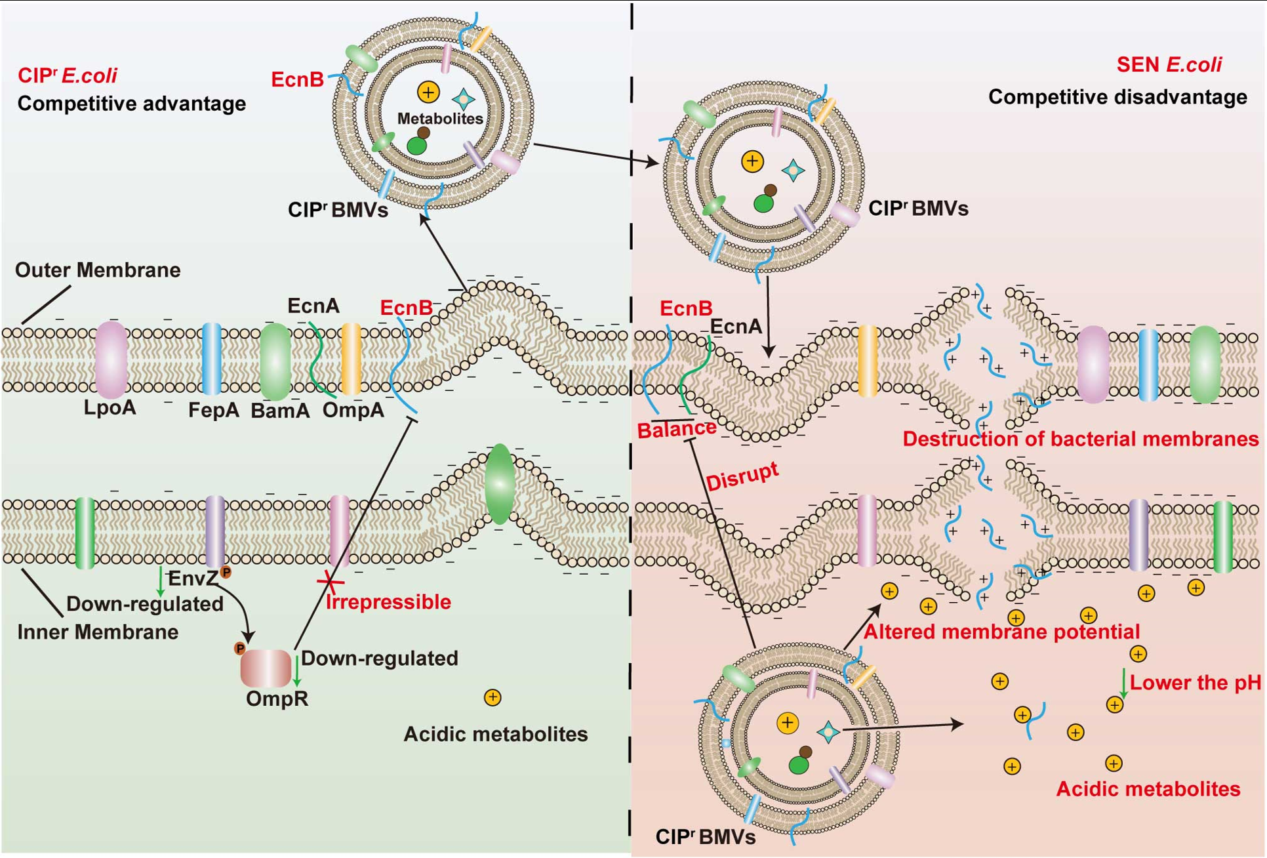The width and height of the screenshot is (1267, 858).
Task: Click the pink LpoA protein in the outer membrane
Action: click(111, 359)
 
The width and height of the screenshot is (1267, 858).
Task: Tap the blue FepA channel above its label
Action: click(212, 358)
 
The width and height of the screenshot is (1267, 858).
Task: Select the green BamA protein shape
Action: click(275, 361)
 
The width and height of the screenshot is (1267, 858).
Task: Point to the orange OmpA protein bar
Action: click(352, 359)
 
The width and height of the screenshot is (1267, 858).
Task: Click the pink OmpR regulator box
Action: click(266, 668)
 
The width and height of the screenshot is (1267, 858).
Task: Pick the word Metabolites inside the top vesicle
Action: click(440, 119)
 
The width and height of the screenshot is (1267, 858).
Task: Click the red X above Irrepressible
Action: click(331, 581)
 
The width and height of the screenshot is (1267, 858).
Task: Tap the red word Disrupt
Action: click(742, 476)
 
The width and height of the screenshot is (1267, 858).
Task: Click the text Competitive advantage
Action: click(132, 104)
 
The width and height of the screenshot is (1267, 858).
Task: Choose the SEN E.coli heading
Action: click(1169, 64)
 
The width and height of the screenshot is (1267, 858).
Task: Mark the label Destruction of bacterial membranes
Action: click(1080, 439)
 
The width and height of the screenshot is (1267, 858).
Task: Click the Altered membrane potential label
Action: click(1001, 632)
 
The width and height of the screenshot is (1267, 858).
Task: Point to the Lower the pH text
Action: click(1195, 683)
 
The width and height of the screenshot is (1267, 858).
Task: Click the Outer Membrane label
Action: click(98, 270)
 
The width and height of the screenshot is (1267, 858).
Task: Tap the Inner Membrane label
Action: click(98, 632)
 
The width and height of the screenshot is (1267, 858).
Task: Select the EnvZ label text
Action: click(192, 579)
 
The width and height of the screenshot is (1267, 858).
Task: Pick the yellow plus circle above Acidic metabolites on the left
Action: click(493, 697)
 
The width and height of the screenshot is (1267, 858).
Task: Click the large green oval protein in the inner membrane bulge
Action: click(500, 483)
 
